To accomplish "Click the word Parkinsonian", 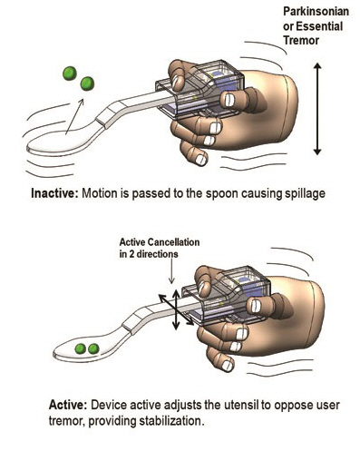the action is click(316, 12).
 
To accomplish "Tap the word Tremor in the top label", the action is click(301, 40).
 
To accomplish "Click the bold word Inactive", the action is click(54, 193).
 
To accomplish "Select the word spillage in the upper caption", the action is click(305, 194).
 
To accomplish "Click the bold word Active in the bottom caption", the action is click(68, 405).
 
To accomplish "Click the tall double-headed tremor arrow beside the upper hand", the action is click(316, 109).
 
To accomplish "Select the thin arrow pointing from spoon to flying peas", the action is click(74, 116).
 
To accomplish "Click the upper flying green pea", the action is click(70, 74).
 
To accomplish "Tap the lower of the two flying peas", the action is click(87, 83).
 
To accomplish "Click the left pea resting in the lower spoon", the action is click(81, 348).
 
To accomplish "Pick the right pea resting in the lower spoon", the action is click(93, 348).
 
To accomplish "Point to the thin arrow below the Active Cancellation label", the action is click(171, 270).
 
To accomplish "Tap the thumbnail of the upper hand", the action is click(229, 100).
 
